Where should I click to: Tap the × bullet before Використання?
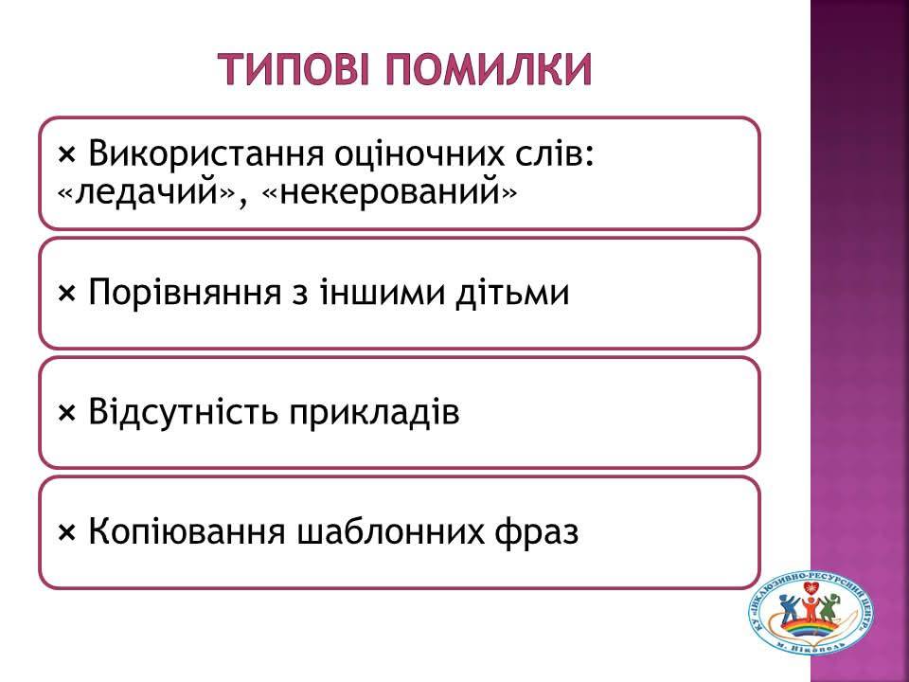[67, 155]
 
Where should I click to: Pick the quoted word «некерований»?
[389, 192]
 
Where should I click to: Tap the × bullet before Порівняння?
[67, 294]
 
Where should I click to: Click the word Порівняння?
[185, 293]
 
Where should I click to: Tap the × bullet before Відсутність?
[67, 414]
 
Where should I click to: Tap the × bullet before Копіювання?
[67, 533]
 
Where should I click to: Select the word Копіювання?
[187, 531]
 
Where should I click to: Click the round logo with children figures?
[811, 619]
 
